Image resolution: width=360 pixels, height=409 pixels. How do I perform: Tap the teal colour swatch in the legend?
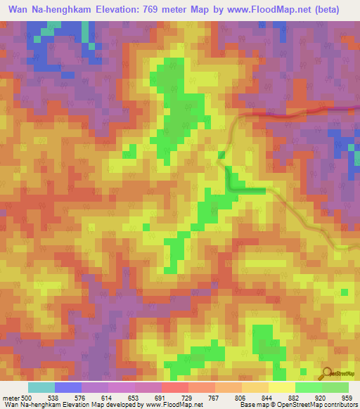pyautogui.click(x=41, y=387)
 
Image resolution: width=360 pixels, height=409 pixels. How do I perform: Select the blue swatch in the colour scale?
pyautogui.click(x=68, y=387)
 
